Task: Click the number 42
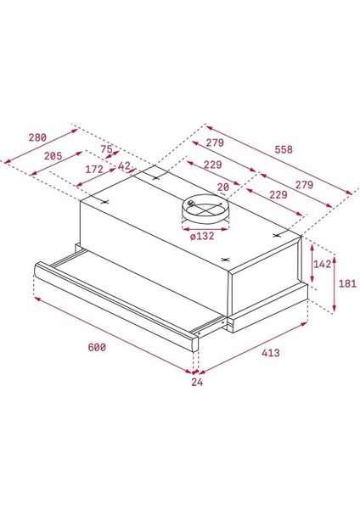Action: [124, 166]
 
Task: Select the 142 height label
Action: [322, 263]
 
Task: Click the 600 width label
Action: [97, 348]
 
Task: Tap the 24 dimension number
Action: [197, 382]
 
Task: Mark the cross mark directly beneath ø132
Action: [224, 259]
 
